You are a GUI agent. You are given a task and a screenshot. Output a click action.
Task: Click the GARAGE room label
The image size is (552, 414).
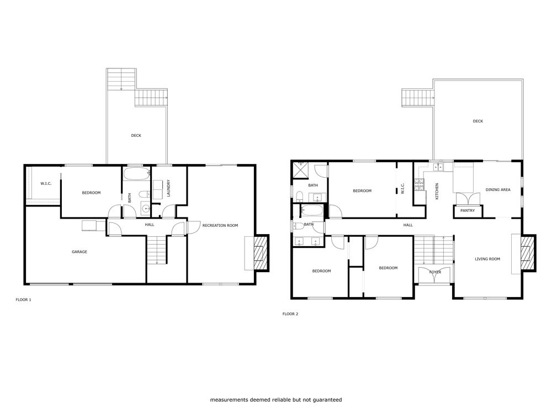pyautogui.click(x=79, y=252)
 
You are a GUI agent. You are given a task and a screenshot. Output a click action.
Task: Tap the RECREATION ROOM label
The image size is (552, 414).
pyautogui.click(x=220, y=225)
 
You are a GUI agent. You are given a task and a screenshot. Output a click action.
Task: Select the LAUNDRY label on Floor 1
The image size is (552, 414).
pyautogui.click(x=168, y=188)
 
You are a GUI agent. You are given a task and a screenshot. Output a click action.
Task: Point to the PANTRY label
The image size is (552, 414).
pyautogui.click(x=468, y=210)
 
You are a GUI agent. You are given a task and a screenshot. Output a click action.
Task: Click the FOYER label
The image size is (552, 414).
pyautogui.click(x=435, y=272)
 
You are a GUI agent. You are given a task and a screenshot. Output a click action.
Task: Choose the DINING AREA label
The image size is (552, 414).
pyautogui.click(x=498, y=189)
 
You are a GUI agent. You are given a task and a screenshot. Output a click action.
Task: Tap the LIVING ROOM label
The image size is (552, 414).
pyautogui.click(x=487, y=259)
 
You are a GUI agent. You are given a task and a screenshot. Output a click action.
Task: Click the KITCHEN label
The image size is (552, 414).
pyautogui.click(x=437, y=191)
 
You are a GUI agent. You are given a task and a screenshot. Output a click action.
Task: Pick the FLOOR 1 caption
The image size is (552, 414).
pyautogui.click(x=23, y=300)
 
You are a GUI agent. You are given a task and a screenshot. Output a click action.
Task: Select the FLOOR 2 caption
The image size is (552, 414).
pyautogui.click(x=290, y=314)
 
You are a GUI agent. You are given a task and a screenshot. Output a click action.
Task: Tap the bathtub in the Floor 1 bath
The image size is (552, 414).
pyautogui.click(x=136, y=174)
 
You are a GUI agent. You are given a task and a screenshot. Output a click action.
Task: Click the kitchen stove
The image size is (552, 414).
pyautogui.click(x=419, y=185)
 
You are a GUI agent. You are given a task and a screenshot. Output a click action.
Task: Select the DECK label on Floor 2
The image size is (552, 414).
pyautogui.click(x=477, y=121)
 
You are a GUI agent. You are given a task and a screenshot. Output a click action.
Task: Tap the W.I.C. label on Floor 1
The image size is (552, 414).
pyautogui.click(x=46, y=183)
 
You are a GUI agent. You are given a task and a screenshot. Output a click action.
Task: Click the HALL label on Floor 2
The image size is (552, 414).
pyautogui.click(x=408, y=225)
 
